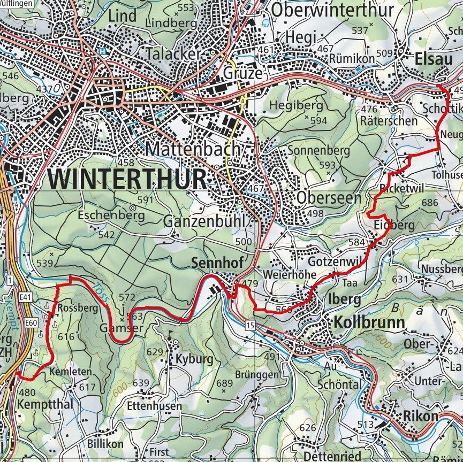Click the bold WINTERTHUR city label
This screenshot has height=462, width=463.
coord(127,179)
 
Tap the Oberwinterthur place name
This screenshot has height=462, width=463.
coord(332,9)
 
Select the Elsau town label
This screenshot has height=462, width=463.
coord(434,59)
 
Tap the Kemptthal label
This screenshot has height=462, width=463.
coord(45,404)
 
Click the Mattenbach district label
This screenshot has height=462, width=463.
coord(193,148)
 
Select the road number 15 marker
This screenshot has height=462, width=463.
coord(250,325)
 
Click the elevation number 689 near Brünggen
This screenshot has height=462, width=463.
coord(225,383)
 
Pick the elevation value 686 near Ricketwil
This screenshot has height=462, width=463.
coord(429,203)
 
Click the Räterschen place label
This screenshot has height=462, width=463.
coord(389,121)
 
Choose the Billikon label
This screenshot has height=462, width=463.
coord(104,444)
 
